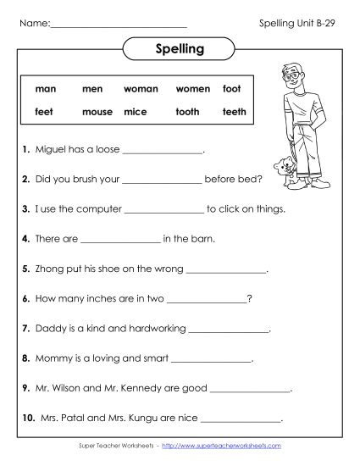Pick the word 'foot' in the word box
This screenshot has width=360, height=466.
(x=231, y=88)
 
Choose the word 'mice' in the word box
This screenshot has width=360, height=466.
(x=135, y=111)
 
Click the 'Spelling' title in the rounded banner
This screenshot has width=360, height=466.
(x=180, y=49)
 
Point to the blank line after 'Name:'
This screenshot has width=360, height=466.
(x=119, y=23)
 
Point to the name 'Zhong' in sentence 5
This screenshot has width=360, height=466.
(x=50, y=269)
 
